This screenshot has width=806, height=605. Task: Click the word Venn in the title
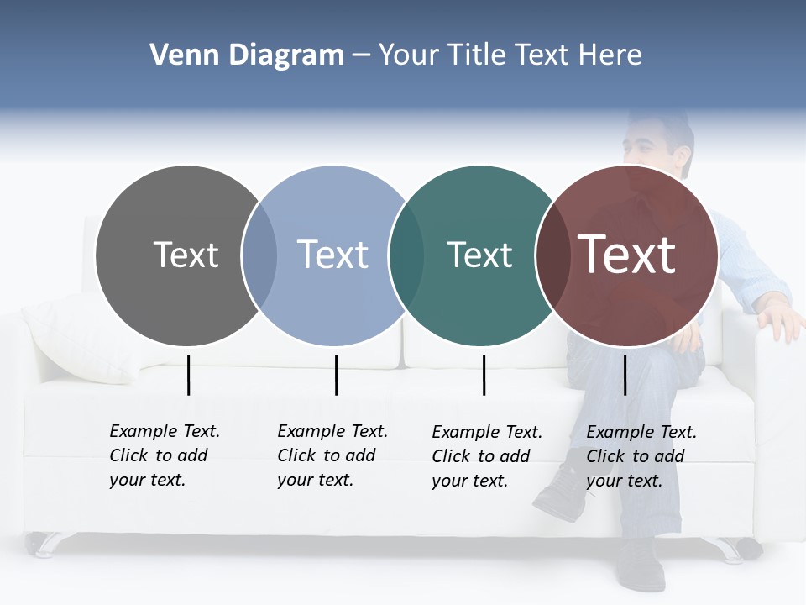pyautogui.click(x=180, y=55)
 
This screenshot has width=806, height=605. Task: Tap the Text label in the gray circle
pyautogui.click(x=186, y=255)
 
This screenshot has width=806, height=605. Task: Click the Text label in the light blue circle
pyautogui.click(x=333, y=255)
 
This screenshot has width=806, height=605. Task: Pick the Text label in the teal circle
pyautogui.click(x=479, y=255)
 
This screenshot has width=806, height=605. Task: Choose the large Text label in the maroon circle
pyautogui.click(x=627, y=255)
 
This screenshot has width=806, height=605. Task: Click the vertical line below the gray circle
pyautogui.click(x=188, y=375)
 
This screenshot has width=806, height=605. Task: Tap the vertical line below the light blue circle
pyautogui.click(x=336, y=375)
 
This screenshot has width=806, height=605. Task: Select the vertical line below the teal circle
pyautogui.click(x=484, y=375)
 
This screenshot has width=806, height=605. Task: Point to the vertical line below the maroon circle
pyautogui.click(x=625, y=375)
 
